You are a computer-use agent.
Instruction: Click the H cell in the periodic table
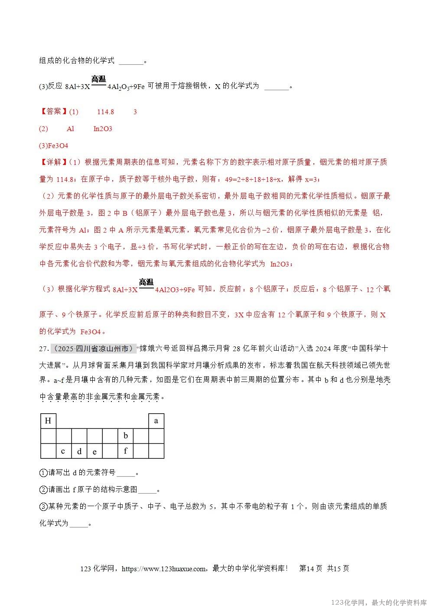[48, 421]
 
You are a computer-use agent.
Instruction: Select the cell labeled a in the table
[156, 421]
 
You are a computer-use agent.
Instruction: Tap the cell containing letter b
[126, 436]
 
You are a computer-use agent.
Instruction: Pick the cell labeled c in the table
[63, 451]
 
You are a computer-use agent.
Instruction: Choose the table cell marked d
[79, 451]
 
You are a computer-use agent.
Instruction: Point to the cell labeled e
[94, 451]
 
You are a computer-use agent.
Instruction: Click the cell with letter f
[126, 451]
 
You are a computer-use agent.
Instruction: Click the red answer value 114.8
[105, 112]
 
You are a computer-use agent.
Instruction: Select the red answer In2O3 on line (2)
[103, 129]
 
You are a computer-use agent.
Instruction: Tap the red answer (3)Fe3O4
[54, 146]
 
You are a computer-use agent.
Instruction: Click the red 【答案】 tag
[54, 112]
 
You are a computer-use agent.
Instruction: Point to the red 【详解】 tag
[54, 162]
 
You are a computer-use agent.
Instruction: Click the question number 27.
[44, 336]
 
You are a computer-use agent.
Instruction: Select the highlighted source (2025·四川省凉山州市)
[92, 336]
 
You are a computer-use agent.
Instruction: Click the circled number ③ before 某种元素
[43, 507]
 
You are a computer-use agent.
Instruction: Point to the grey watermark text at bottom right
[379, 602]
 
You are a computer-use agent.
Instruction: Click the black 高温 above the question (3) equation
[98, 79]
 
